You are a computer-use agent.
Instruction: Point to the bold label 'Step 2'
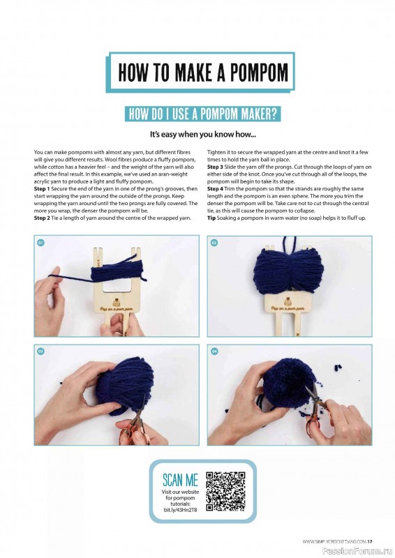[44, 218]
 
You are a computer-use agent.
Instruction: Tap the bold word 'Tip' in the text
[212, 218]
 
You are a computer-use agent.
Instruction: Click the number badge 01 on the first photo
[41, 243]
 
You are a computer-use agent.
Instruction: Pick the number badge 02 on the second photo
[214, 243]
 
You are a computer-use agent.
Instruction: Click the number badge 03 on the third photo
[41, 352]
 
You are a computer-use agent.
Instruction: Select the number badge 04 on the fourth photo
[214, 352]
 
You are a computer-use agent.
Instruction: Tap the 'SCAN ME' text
[180, 480]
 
